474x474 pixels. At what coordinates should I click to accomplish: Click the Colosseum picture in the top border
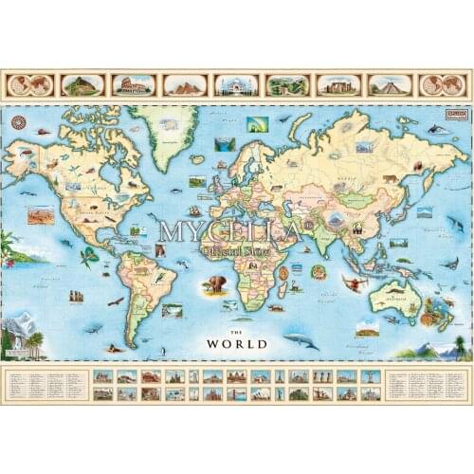134,84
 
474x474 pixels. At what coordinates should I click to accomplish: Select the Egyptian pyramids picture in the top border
185,84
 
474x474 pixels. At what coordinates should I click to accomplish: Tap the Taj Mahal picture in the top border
236,84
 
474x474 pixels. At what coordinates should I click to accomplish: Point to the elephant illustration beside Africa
216,283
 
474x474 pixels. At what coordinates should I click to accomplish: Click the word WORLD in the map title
240,343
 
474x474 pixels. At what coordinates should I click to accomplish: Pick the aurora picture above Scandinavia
257,124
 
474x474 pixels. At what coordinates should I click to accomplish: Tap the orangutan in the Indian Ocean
353,283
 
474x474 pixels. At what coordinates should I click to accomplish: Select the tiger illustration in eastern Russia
390,177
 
